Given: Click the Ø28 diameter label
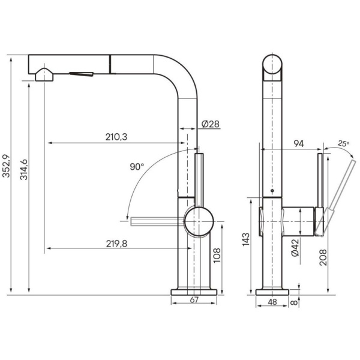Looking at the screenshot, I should click(210, 124).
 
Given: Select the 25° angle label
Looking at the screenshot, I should click(343, 143).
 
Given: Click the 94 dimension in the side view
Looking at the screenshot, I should click(299, 143).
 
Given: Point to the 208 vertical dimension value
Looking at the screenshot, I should click(323, 258).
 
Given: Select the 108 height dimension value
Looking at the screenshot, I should click(218, 256).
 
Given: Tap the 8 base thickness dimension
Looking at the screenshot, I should click(294, 303).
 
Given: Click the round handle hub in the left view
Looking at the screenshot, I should click(197, 221).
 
